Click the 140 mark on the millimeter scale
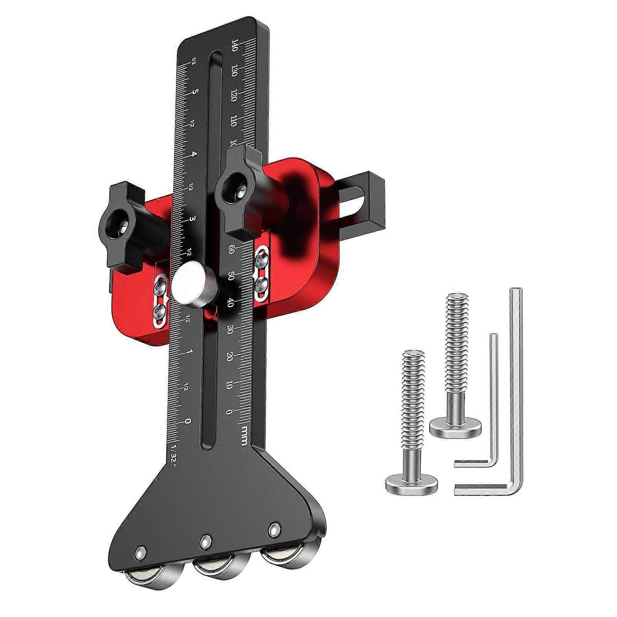[234, 45]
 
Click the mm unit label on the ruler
[244, 435]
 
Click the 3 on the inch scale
[192, 219]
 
